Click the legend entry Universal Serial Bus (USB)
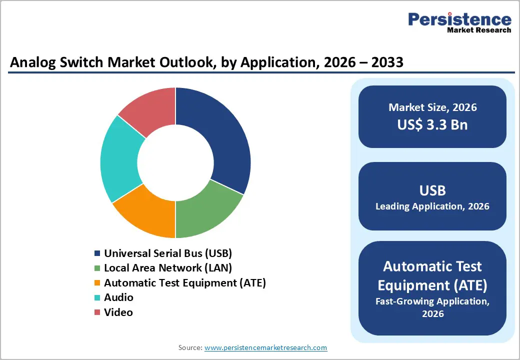(168, 253)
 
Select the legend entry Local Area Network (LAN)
(168, 268)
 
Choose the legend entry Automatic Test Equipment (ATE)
(185, 283)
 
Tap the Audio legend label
(118, 297)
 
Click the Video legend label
(118, 312)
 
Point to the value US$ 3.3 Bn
(432, 124)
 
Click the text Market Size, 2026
(432, 107)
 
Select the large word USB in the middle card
(432, 190)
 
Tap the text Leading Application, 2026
(432, 206)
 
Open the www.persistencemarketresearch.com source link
(265, 347)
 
